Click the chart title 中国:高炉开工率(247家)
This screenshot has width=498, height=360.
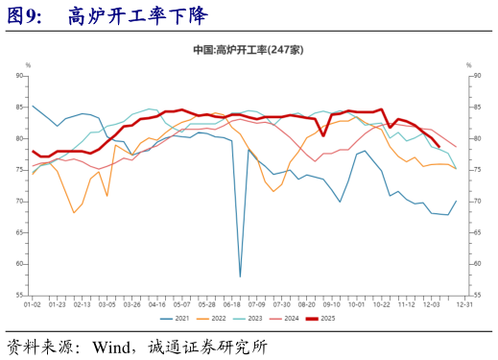click(x=249, y=50)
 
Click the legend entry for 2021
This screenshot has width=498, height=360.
click(x=178, y=318)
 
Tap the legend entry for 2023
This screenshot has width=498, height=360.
click(x=252, y=318)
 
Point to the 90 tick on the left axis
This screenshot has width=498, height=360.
click(x=20, y=75)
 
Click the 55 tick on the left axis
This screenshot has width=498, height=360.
click(x=20, y=297)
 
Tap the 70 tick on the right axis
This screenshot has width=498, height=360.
click(x=476, y=202)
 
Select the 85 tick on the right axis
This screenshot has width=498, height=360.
click(x=476, y=107)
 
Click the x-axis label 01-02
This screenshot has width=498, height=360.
click(x=33, y=304)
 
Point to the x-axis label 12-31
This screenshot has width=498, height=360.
click(x=463, y=304)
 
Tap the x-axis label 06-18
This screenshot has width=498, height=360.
click(x=231, y=304)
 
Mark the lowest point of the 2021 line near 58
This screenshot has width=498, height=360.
click(x=240, y=276)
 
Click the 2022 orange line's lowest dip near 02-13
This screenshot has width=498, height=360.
click(x=74, y=213)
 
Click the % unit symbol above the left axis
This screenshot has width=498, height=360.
click(x=28, y=64)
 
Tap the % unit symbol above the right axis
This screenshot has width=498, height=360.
click(x=468, y=64)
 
